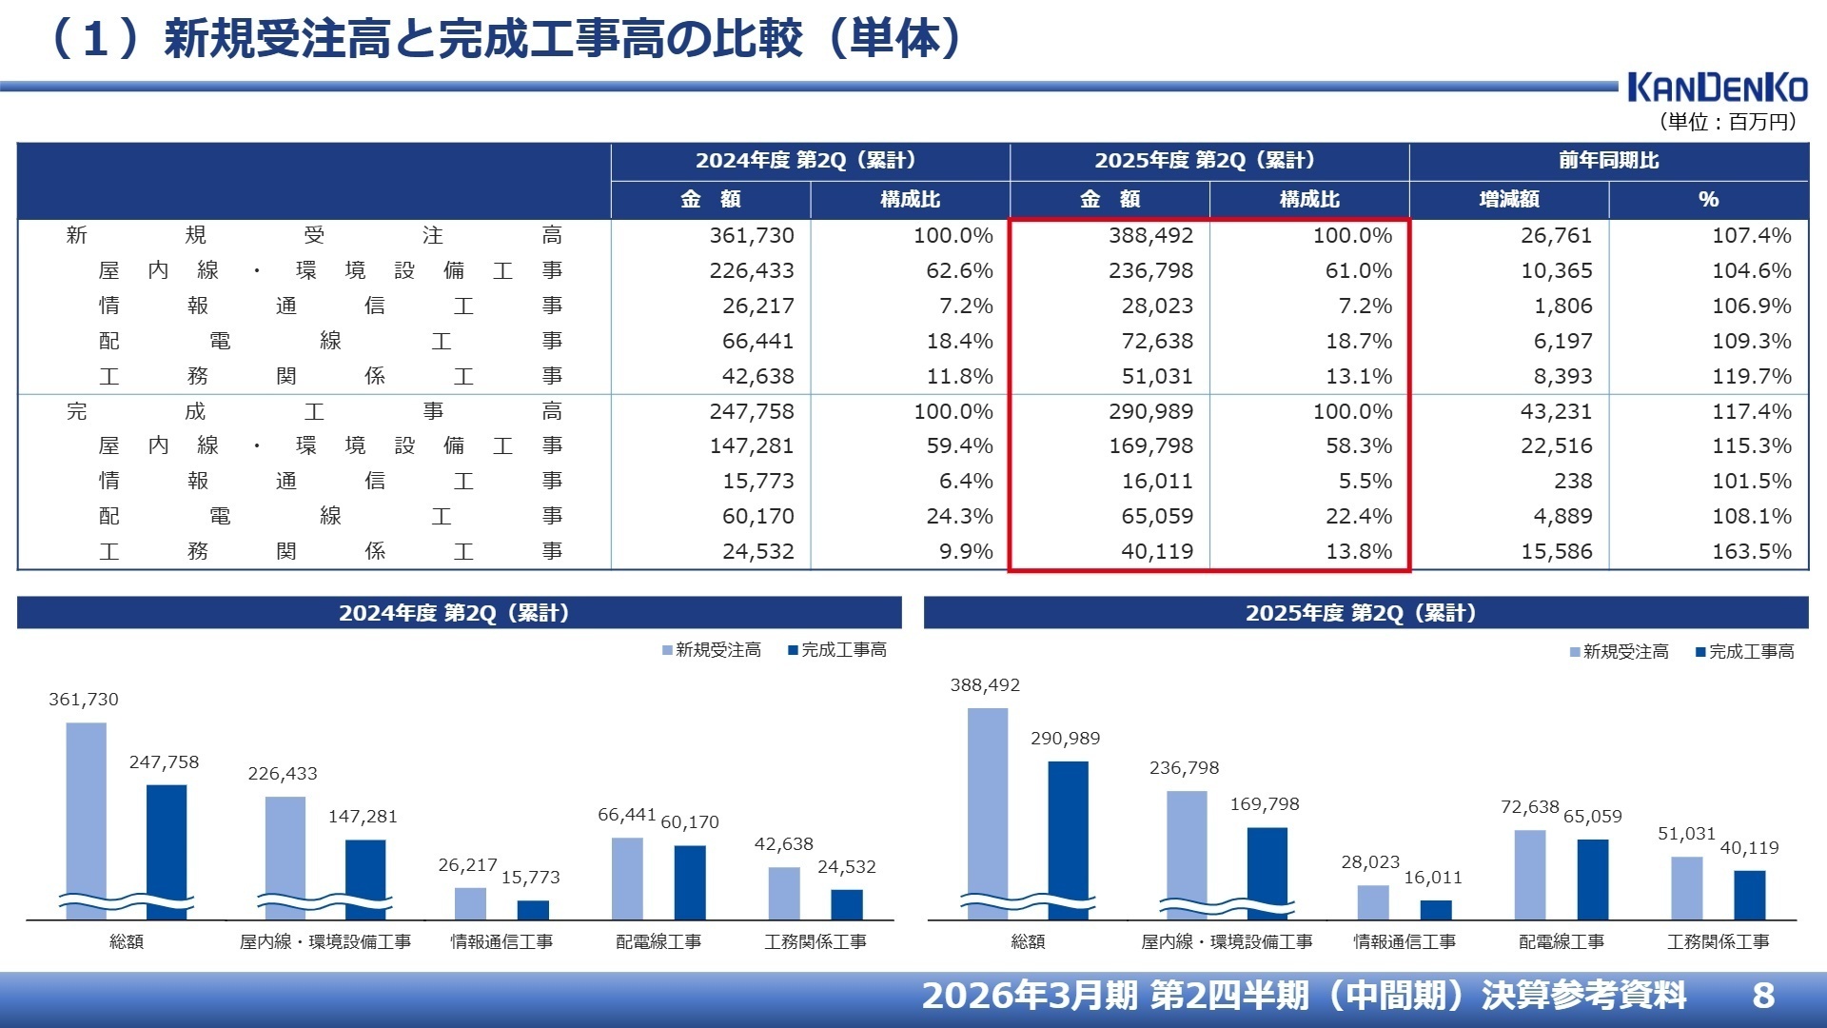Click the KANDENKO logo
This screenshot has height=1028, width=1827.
coord(1717,88)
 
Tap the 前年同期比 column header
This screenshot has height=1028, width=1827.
coord(1608,160)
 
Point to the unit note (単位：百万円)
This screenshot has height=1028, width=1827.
coord(1727,122)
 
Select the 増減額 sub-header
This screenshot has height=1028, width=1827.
coord(1508,200)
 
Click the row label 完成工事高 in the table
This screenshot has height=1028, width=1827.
coord(314,411)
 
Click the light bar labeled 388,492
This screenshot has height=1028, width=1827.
coord(988,809)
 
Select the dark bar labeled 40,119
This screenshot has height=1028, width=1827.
coord(1749,895)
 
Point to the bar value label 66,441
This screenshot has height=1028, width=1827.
coord(626,815)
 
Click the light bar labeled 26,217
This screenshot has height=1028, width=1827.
coord(470,903)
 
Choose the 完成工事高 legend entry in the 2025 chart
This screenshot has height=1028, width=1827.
coord(1745,652)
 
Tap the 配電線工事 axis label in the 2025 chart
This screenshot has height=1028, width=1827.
coord(1561,941)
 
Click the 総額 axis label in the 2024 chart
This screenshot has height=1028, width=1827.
coord(126,941)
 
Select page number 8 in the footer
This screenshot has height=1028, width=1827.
coord(1762,996)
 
